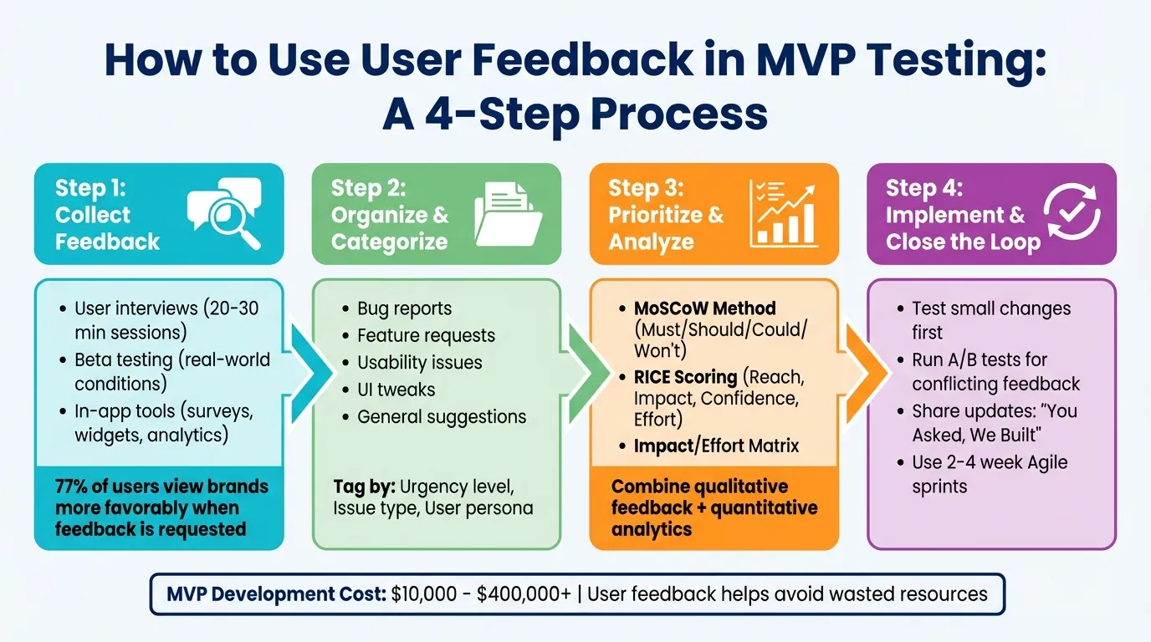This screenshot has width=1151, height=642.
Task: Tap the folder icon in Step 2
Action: [x=508, y=215]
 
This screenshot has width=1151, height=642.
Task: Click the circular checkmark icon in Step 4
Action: [x=1073, y=214]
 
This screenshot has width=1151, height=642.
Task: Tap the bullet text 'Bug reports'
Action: [x=404, y=308]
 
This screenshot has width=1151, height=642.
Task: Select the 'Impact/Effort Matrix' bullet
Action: [x=716, y=446]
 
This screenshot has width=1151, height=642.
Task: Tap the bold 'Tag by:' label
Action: [x=364, y=487]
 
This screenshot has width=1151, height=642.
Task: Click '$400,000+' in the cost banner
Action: [x=524, y=594]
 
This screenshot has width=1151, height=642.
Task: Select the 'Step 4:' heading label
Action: [x=924, y=187]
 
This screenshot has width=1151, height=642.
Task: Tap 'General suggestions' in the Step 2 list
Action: [x=442, y=416]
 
